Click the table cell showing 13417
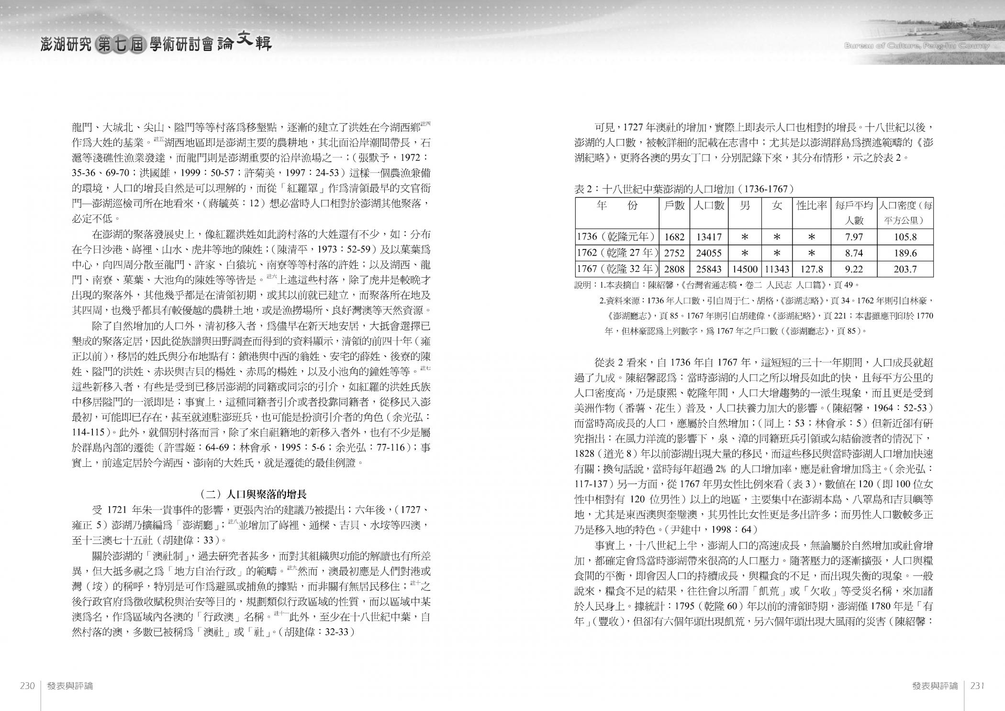tap(709, 237)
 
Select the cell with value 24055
tap(709, 253)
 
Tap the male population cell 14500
tap(745, 269)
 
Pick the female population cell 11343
tap(777, 269)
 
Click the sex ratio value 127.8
tap(812, 269)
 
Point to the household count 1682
tap(674, 237)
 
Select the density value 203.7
tap(904, 269)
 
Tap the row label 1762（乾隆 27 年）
tap(617, 253)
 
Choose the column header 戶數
tap(674, 206)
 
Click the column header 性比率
tap(812, 206)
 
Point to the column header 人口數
tap(709, 206)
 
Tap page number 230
tap(27, 686)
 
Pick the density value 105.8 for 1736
tap(904, 237)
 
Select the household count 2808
tap(674, 269)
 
